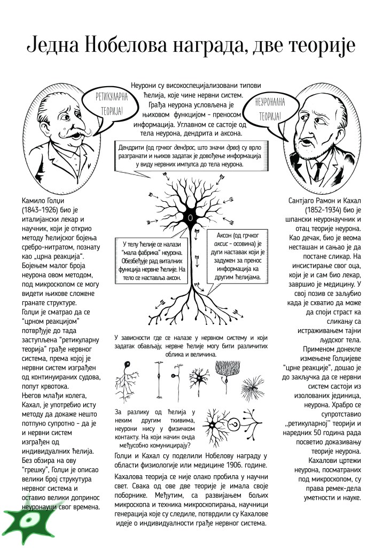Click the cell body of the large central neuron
(190, 218)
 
